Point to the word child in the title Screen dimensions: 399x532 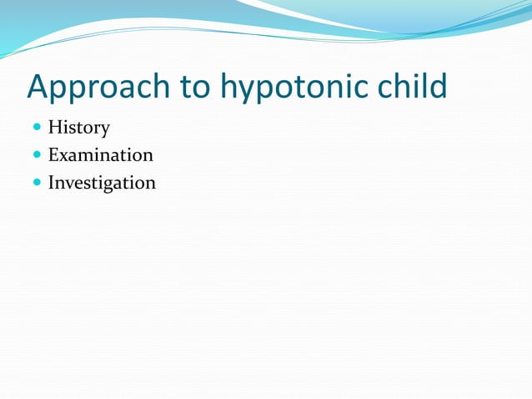(x=413, y=87)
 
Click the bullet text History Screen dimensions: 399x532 (x=78, y=129)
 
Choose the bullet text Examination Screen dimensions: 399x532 (x=100, y=155)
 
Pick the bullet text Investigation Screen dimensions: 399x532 (x=102, y=183)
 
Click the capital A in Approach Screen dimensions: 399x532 (x=38, y=87)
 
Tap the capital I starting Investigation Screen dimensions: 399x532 (x=52, y=182)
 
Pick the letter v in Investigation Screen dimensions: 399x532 (x=69, y=183)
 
